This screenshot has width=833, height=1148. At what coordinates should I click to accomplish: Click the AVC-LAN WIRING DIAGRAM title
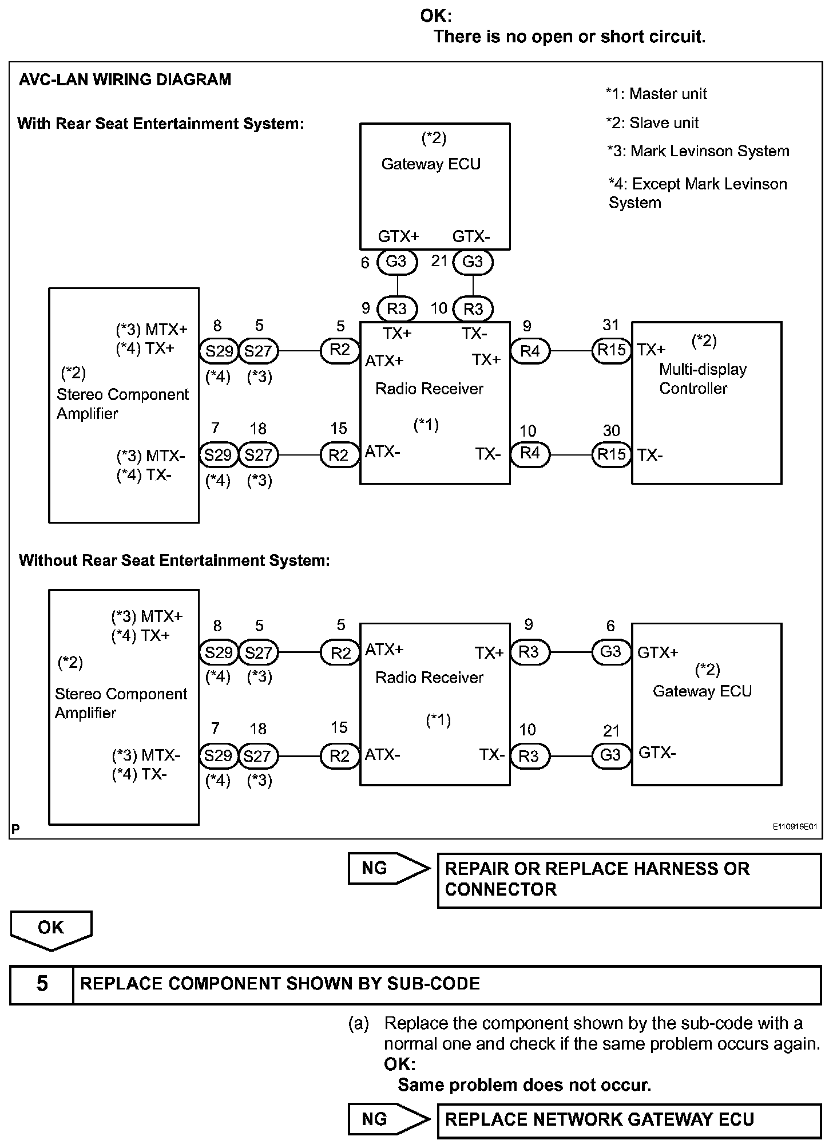pos(125,80)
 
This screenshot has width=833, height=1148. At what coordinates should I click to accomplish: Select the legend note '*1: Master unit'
pos(657,94)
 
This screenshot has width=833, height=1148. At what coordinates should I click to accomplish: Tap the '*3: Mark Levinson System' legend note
pos(699,151)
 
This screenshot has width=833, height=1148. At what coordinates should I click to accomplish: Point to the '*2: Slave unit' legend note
pos(653,122)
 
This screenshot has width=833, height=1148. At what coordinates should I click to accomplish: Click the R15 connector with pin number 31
pos(612,350)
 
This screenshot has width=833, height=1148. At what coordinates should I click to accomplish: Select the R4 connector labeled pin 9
pos(530,350)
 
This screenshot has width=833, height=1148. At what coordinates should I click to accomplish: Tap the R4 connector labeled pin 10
pos(530,454)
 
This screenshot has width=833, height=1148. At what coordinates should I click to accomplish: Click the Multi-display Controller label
pos(703,379)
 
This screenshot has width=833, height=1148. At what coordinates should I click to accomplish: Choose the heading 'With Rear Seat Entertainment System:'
pos(161,124)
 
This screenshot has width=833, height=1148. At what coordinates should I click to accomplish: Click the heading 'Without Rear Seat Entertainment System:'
pos(174,560)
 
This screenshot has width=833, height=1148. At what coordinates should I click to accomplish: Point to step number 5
pos(42,984)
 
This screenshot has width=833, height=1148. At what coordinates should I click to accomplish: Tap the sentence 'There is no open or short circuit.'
pos(569,37)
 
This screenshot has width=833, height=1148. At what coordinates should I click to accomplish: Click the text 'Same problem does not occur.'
pos(525,1084)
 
